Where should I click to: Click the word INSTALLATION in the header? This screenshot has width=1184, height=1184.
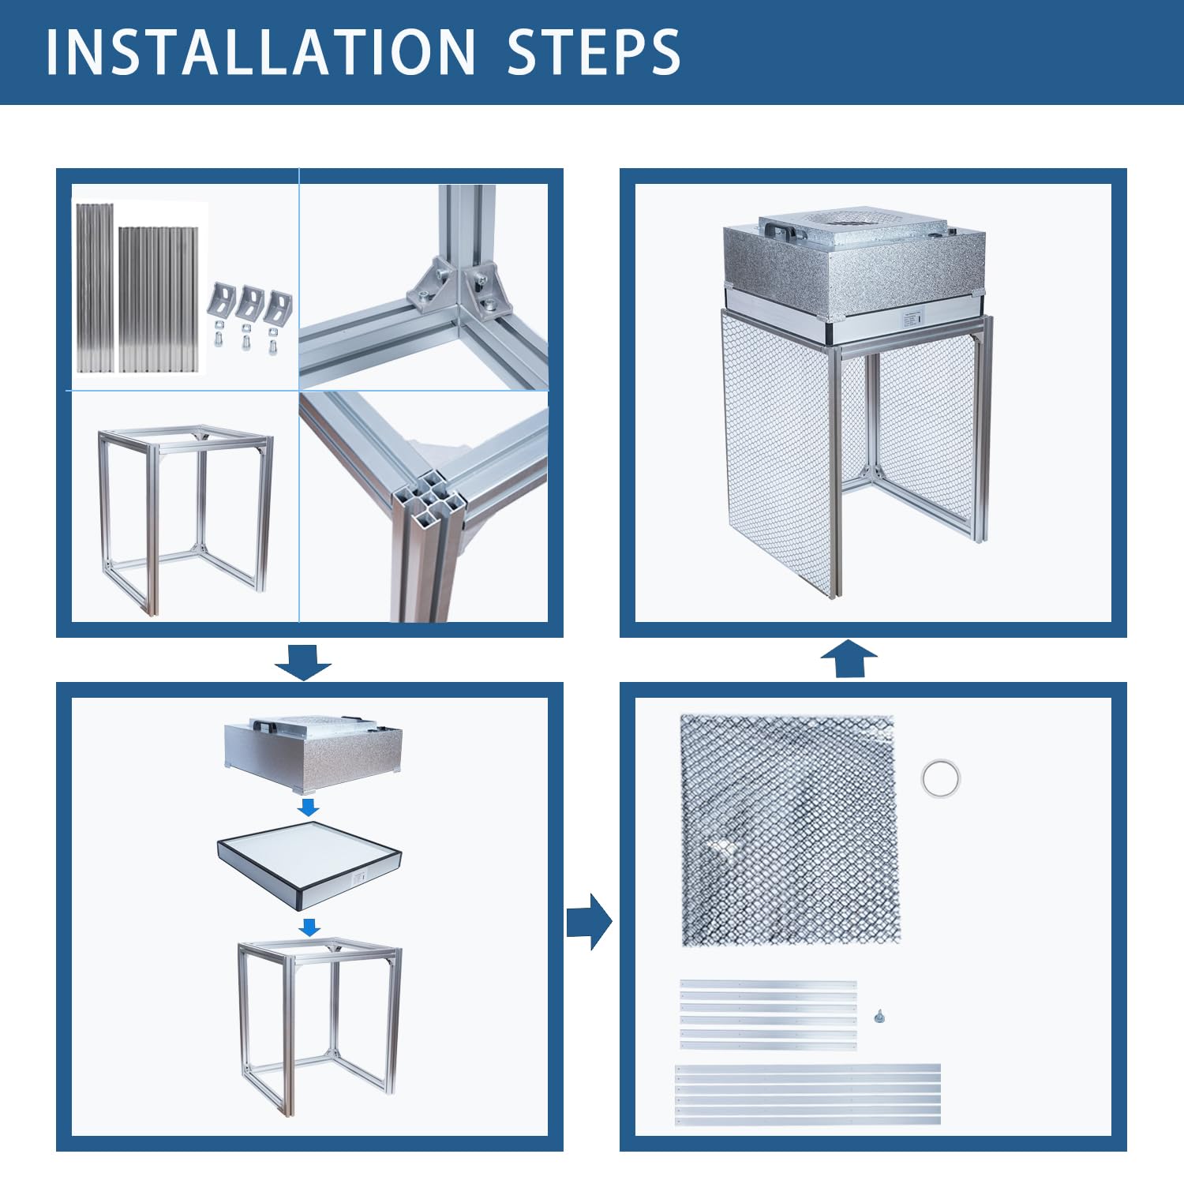[260, 52]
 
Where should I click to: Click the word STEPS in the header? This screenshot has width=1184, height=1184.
[594, 52]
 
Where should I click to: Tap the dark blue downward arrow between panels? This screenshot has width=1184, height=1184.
[303, 661]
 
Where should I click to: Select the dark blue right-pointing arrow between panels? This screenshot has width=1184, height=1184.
[589, 921]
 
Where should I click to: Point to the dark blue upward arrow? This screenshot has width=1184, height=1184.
[849, 658]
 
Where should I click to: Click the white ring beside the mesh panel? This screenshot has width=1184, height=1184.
[940, 778]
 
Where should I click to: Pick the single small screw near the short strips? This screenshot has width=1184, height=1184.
[879, 1016]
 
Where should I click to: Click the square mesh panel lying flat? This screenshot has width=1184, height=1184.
[790, 830]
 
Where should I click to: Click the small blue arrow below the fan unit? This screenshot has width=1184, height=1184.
[309, 807]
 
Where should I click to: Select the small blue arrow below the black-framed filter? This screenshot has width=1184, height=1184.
[310, 927]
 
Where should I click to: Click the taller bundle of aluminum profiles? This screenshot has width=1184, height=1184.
[95, 287]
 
